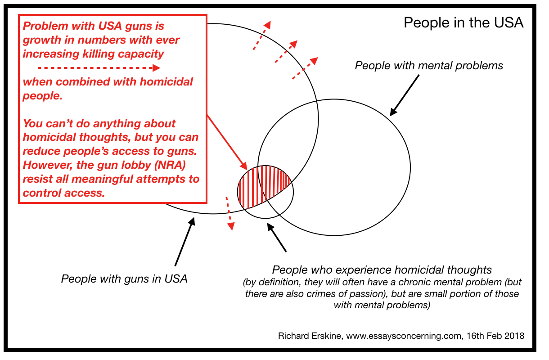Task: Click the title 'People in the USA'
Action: [x=463, y=23]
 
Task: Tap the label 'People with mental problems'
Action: [x=429, y=66]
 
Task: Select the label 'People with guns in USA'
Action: [x=124, y=279]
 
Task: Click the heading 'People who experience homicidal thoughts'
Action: [x=382, y=270]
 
